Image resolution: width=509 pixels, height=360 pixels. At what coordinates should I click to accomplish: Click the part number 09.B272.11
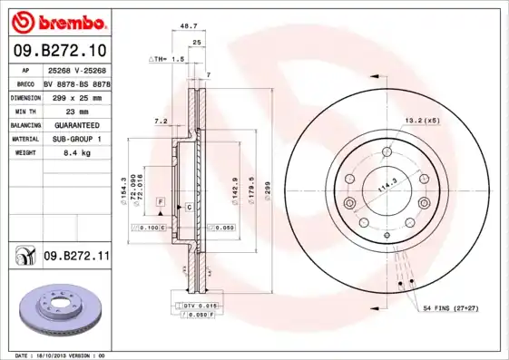point(76,258)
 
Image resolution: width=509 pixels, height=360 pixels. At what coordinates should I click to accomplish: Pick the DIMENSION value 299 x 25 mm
point(76,96)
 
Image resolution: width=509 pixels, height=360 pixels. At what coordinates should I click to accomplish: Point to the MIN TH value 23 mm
point(64,111)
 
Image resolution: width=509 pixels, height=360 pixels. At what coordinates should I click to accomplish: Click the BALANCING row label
point(24,125)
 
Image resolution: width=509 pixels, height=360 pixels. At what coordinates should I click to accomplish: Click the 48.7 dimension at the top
point(189,26)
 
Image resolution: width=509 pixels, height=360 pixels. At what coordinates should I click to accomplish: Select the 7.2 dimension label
point(161,121)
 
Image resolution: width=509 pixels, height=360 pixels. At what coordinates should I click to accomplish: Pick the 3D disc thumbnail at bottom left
point(60,310)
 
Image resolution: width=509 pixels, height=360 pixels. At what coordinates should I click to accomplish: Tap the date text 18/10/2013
point(62,355)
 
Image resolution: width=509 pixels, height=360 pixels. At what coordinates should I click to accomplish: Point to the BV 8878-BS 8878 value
point(76,82)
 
